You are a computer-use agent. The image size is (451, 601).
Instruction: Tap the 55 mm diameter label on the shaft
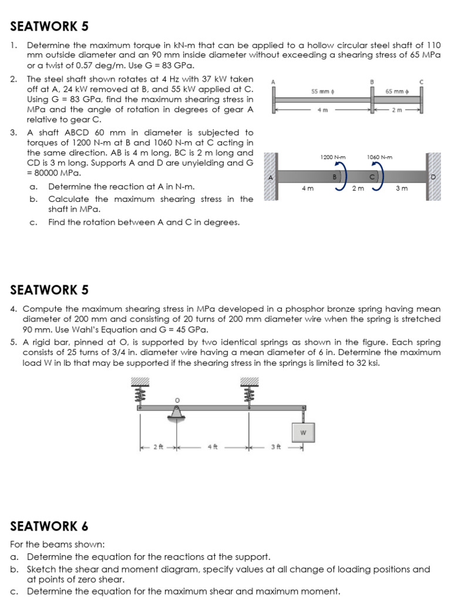(323, 91)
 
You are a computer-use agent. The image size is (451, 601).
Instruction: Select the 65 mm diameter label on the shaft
(398, 91)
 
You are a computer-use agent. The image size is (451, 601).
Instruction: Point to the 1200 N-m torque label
(332, 157)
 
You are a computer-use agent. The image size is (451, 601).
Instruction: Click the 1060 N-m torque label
(379, 157)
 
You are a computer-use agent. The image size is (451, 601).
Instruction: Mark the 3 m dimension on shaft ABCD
(402, 188)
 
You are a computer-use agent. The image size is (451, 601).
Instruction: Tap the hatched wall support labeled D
(434, 177)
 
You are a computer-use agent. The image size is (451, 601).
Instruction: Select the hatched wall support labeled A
(271, 177)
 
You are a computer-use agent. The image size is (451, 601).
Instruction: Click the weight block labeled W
(303, 433)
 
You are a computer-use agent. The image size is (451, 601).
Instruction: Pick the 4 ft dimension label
(212, 447)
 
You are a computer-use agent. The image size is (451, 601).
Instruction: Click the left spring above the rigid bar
(140, 393)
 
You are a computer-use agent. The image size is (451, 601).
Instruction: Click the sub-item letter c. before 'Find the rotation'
(33, 222)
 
